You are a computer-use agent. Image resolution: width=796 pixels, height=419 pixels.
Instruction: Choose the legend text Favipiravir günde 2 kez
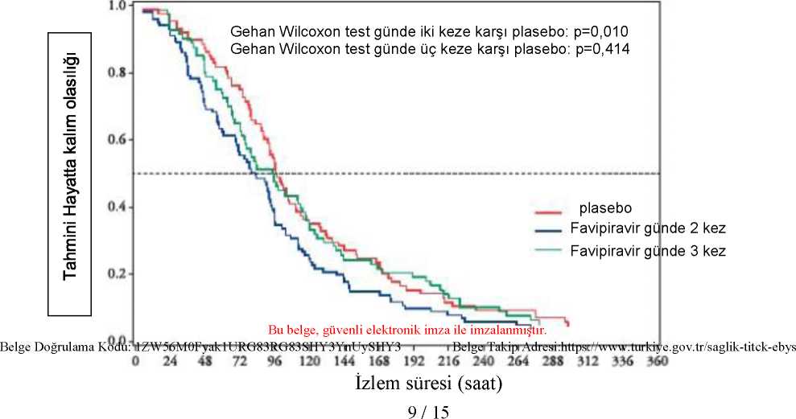(648, 228)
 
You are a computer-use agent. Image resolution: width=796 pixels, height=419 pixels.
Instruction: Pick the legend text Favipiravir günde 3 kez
(648, 251)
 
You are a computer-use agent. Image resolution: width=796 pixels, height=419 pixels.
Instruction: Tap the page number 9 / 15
(428, 411)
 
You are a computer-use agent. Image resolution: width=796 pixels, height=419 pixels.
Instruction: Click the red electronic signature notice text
(407, 331)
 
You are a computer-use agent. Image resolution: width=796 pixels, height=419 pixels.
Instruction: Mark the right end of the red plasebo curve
(569, 325)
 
